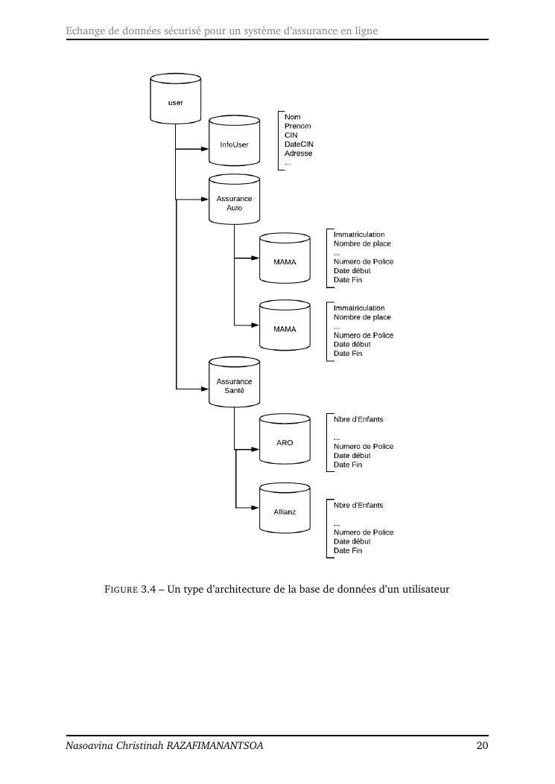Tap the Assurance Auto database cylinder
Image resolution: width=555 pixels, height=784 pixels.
(x=234, y=200)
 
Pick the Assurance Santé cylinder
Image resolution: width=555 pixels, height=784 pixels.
(x=234, y=383)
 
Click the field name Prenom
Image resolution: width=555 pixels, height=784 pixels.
(x=298, y=126)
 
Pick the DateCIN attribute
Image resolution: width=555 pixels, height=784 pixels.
(x=299, y=144)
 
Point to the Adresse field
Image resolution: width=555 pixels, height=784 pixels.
(x=299, y=153)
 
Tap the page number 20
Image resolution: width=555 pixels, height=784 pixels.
(x=482, y=745)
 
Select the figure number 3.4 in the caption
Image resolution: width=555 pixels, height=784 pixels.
(x=148, y=590)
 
